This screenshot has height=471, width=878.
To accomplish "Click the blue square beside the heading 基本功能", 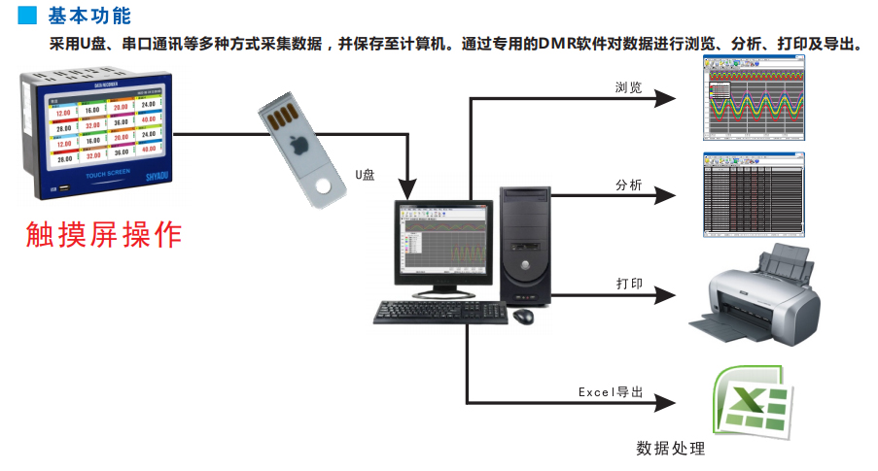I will (28, 17).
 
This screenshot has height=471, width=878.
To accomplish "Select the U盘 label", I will (366, 175).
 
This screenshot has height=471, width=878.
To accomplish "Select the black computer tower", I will (525, 244).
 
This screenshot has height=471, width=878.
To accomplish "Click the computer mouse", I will (523, 316).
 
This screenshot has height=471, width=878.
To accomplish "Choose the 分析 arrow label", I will (628, 185).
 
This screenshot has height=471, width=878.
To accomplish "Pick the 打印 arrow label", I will (628, 284).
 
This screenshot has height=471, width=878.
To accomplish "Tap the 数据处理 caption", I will (670, 449).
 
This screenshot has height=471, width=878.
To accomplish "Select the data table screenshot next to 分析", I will (755, 194).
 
